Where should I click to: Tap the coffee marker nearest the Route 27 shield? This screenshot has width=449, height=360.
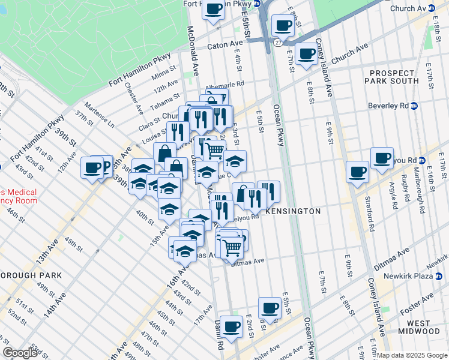click(x=282, y=25)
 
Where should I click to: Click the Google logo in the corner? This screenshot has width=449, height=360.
click(x=20, y=353)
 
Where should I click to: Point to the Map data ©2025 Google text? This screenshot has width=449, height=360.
click(x=412, y=356)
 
